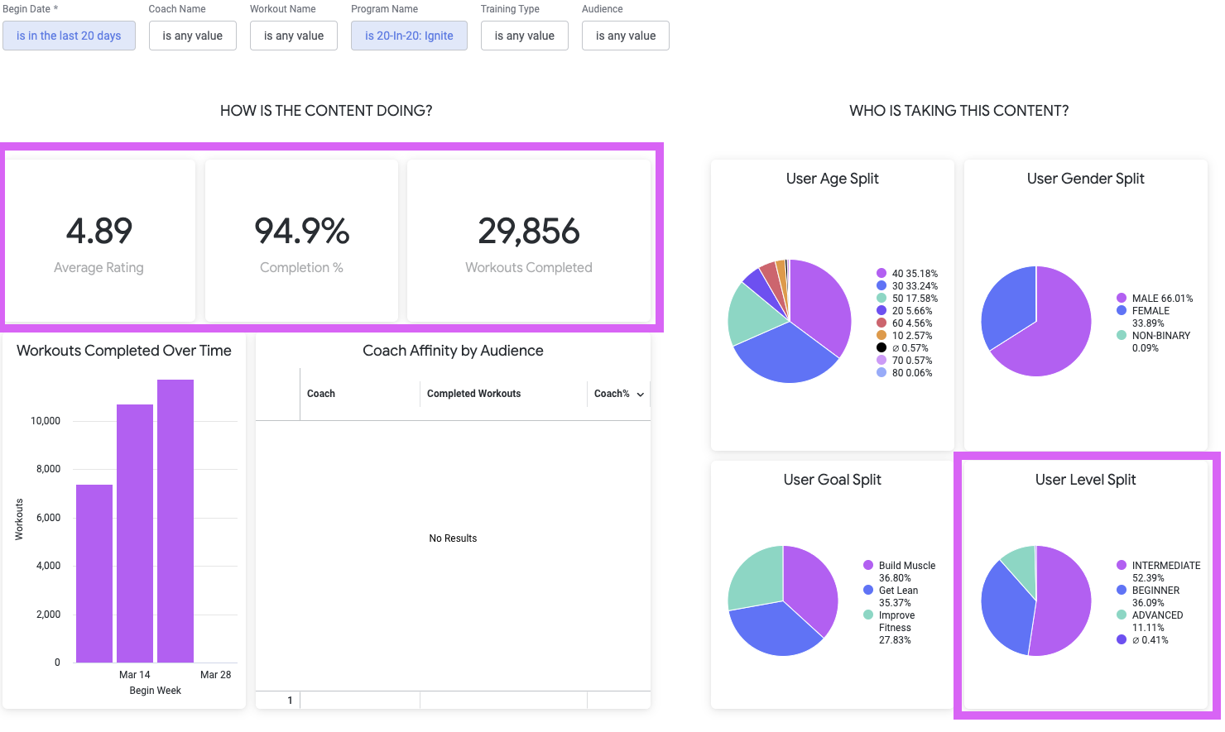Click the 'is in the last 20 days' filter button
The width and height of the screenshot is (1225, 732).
point(69,36)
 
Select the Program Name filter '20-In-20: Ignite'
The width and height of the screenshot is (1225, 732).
point(409,36)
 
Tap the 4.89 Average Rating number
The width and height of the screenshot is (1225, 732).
point(99,231)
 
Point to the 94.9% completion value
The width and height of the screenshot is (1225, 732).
point(302,231)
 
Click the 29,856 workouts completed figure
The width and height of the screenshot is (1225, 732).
point(529,231)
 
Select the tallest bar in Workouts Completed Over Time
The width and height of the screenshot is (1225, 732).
point(175,521)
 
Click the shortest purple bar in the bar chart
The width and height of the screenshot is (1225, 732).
point(94,573)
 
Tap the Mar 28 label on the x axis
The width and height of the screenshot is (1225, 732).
point(215,675)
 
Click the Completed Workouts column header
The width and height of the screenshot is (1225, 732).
point(473,394)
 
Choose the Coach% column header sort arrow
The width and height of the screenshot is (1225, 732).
point(641,395)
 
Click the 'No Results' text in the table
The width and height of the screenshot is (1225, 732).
point(453,538)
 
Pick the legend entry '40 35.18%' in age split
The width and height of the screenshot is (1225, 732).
point(907,273)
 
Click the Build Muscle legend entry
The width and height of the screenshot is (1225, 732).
point(900,572)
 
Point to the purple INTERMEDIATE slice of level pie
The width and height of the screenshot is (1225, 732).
point(1064,601)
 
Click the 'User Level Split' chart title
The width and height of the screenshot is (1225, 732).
point(1086,480)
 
